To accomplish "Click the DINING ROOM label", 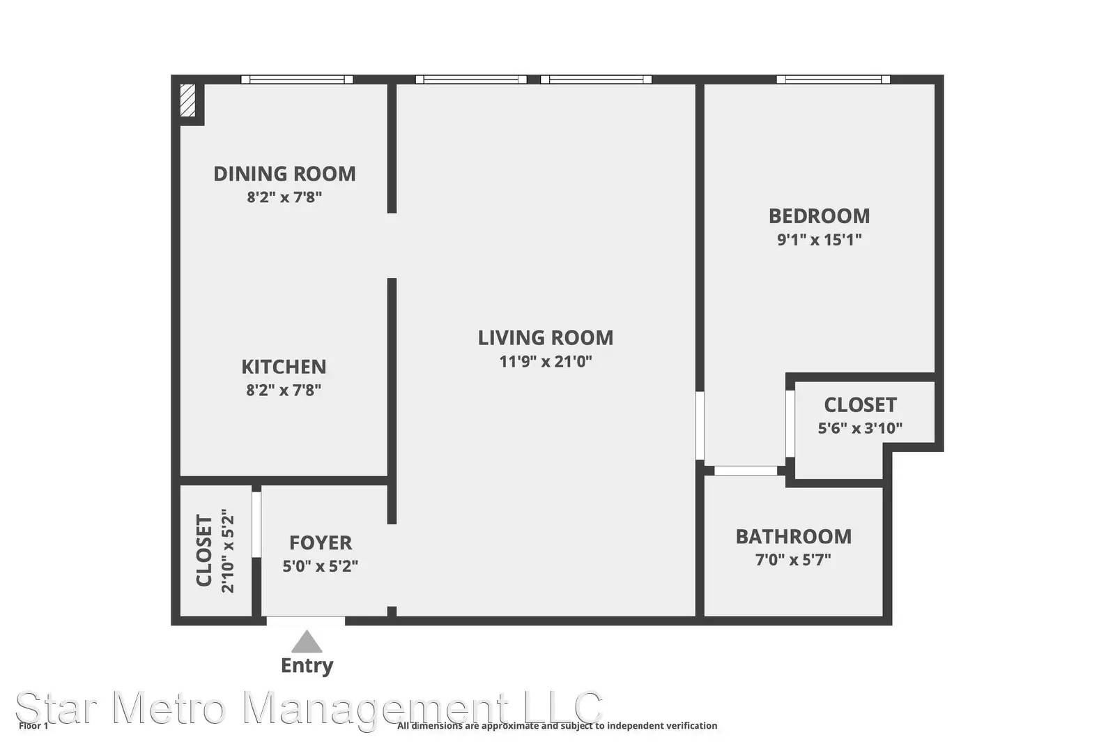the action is (285, 174).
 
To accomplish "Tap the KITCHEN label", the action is (284, 367).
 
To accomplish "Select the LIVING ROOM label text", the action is (546, 337).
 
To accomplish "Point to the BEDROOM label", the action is (820, 216).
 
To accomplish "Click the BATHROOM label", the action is (794, 537).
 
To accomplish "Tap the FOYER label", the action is (321, 542).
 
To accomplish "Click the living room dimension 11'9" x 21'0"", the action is (546, 361).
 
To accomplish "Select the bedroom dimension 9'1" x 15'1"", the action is (820, 240).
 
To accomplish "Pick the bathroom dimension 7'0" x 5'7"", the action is (794, 560).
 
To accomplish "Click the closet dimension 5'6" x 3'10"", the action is (860, 427).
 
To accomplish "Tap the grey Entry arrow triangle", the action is (307, 641).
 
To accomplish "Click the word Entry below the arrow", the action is (307, 666).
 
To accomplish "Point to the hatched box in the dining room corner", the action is (187, 100).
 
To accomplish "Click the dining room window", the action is (297, 79).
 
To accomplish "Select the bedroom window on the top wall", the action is (833, 79).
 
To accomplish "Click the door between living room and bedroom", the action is (700, 426).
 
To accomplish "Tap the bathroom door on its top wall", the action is (746, 471).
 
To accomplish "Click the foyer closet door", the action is (256, 524).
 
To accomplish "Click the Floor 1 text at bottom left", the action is (33, 726).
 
